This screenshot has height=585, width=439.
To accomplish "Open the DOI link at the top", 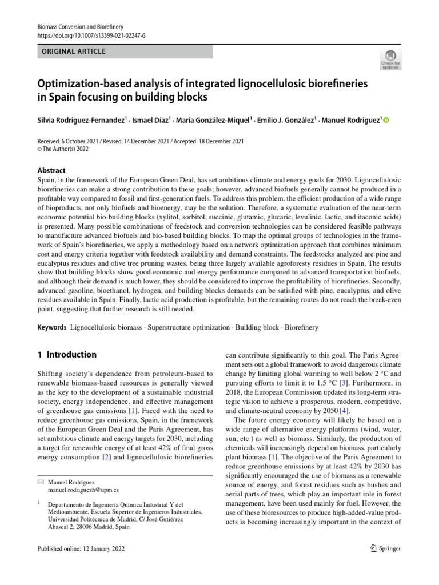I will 91,35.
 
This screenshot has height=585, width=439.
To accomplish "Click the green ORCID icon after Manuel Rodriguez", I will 385,120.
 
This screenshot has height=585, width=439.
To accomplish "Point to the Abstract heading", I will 51,170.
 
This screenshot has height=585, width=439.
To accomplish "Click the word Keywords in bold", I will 51,328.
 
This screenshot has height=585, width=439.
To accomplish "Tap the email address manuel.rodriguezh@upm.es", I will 83,490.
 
